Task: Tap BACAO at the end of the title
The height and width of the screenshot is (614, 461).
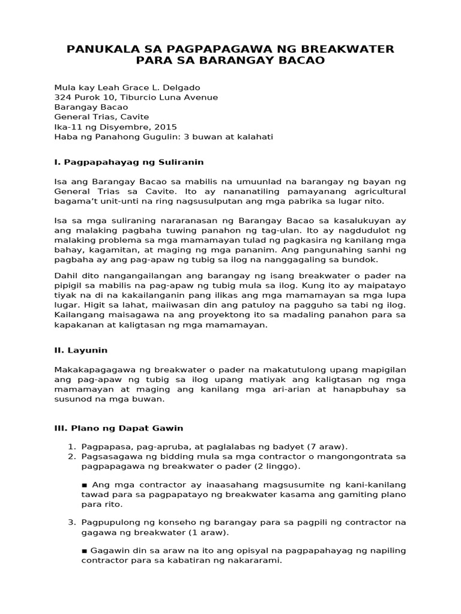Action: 300,61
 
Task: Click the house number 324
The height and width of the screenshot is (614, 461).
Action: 62,97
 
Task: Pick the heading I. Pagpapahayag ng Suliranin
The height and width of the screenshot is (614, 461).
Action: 129,162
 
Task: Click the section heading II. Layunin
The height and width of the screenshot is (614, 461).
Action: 81,350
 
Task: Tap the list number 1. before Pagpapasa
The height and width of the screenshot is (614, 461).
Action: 71,446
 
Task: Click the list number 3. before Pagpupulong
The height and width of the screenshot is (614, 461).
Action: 71,522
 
